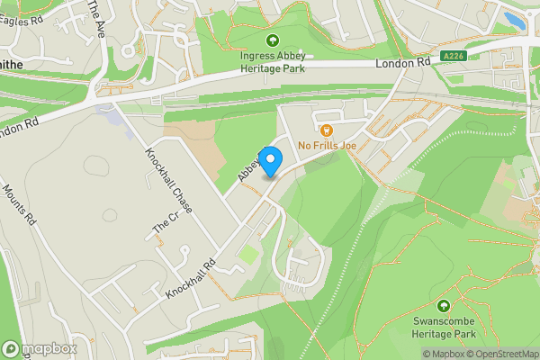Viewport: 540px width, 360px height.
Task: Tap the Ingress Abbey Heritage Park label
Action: [273, 62]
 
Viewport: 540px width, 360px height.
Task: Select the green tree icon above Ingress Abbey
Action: [273, 40]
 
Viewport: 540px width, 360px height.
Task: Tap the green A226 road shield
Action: [453, 57]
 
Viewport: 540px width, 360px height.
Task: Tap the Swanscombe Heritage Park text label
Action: [444, 327]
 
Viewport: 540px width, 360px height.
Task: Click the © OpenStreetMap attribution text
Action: [500, 354]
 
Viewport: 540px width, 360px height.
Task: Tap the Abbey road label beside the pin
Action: [249, 166]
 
